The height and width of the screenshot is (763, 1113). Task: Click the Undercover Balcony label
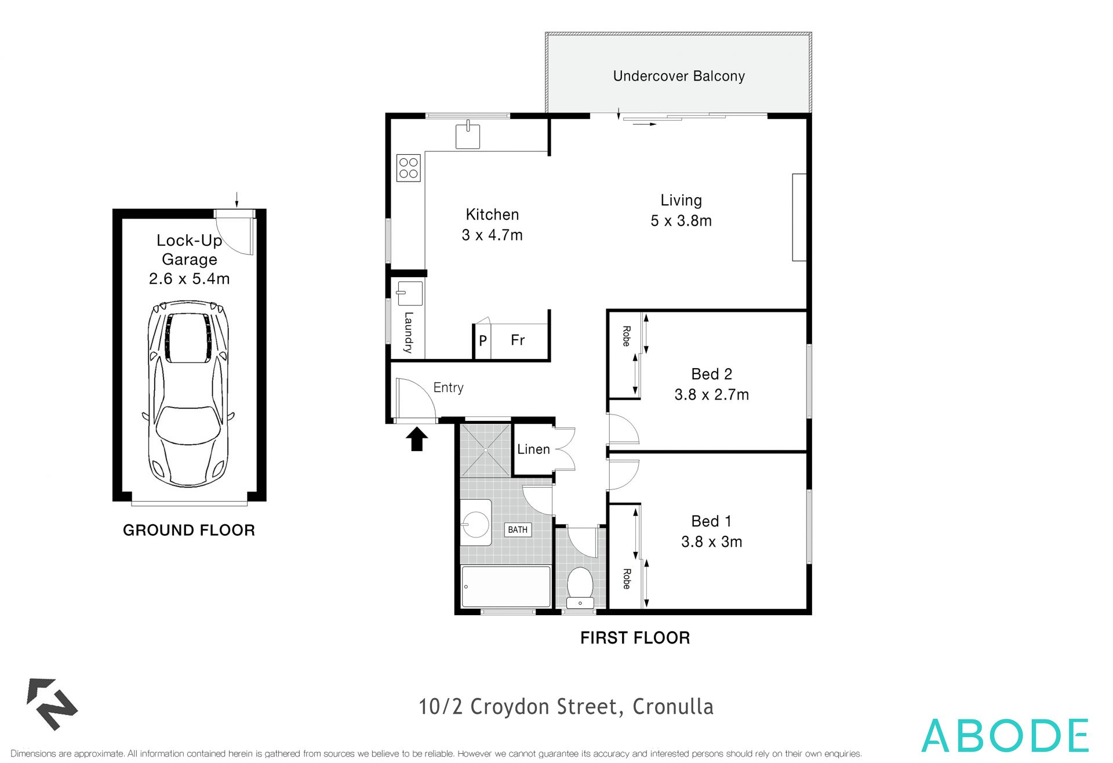tap(678, 76)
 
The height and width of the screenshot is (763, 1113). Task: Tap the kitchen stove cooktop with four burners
tap(409, 168)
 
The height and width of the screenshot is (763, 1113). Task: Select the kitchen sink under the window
tap(467, 136)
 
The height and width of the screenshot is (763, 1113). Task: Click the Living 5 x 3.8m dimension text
tap(681, 220)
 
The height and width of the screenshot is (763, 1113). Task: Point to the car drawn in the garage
tap(189, 394)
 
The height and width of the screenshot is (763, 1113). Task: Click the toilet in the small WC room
tap(579, 583)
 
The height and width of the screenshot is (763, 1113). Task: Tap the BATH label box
tap(518, 529)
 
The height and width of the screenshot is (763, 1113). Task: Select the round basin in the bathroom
tap(476, 524)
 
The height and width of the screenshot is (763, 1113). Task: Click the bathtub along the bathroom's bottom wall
tap(505, 586)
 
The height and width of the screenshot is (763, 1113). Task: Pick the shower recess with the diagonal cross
tap(485, 450)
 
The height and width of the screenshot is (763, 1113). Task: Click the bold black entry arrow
tap(416, 439)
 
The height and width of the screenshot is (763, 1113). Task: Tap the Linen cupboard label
tap(533, 449)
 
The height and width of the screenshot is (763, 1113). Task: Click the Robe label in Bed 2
tap(626, 336)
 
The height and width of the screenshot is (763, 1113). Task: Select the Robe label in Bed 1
tap(626, 579)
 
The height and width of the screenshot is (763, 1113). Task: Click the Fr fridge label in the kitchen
tap(518, 340)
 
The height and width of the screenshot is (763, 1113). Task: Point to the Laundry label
tap(408, 333)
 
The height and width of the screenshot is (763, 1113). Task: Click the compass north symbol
tap(52, 703)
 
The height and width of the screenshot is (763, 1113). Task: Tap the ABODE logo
tap(1005, 736)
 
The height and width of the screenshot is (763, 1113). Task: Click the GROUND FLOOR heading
tap(189, 530)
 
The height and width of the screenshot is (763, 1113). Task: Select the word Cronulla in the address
tap(672, 707)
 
